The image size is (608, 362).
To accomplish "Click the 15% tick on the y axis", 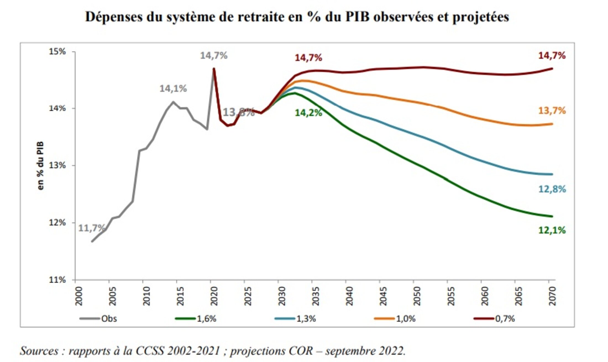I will pos(57,52).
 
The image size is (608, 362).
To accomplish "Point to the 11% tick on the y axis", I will pos(57,280).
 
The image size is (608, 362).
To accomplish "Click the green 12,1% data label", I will pos(552,230).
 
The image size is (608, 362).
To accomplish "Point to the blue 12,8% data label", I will pos(552,189).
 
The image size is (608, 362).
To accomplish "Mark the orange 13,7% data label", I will pos(552,111).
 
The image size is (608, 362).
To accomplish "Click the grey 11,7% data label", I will pos(91,228).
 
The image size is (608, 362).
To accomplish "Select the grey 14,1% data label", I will pos(173,89).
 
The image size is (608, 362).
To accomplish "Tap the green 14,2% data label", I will pos(308,113).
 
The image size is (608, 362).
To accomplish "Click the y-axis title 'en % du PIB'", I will pos(41,166).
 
